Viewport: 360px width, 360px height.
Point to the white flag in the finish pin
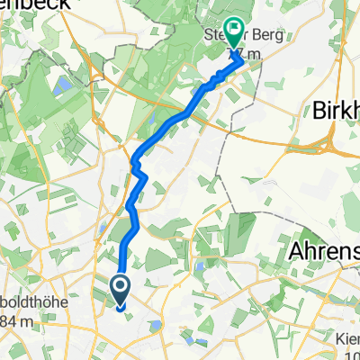pyautogui.click(x=233, y=31)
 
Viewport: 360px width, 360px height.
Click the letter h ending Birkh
pyautogui.click(x=354, y=111)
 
